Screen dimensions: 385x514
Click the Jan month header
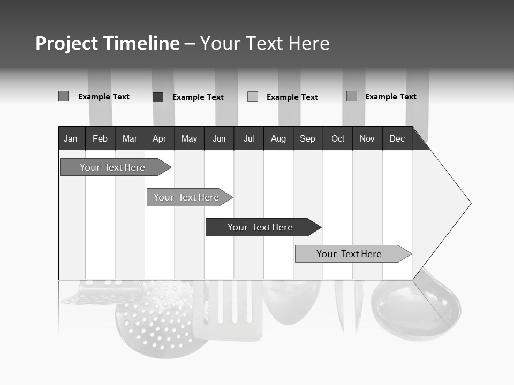(x=71, y=138)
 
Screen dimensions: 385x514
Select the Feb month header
(x=100, y=138)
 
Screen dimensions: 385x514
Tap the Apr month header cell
(x=160, y=138)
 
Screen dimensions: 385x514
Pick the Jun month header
(x=219, y=138)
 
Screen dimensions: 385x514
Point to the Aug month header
(x=278, y=138)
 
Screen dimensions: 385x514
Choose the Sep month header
(x=308, y=138)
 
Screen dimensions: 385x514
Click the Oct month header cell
(x=338, y=138)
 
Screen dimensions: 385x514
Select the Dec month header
(x=397, y=138)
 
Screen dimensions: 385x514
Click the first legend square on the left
(x=63, y=96)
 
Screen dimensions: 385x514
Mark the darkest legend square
(x=158, y=97)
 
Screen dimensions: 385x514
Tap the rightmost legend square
(x=352, y=96)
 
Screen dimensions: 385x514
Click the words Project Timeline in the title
(x=108, y=43)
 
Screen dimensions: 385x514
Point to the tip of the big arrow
(x=470, y=203)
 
